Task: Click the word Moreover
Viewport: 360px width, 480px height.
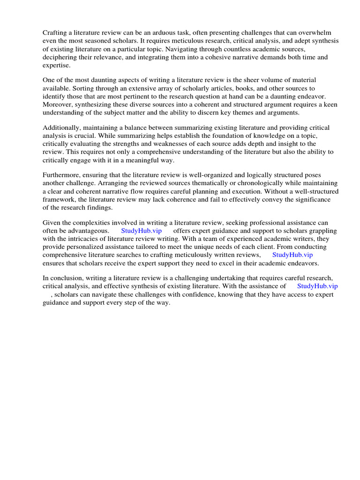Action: tap(58, 105)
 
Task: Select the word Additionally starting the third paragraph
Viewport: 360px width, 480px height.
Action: tap(61, 127)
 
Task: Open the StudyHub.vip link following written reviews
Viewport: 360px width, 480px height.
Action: tap(292, 255)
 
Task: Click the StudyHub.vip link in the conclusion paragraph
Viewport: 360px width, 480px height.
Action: tap(317, 286)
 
